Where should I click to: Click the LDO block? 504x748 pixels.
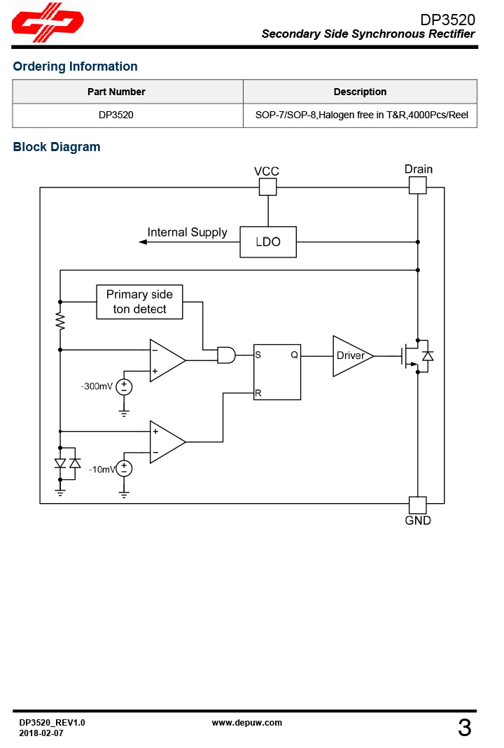pos(268,241)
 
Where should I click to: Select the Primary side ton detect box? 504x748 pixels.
pos(139,302)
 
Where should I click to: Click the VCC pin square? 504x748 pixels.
pos(267,187)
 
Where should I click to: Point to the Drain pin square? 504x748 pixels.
pos(417,185)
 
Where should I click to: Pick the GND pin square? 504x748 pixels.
pos(417,505)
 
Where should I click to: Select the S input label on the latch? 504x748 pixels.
pos(258,355)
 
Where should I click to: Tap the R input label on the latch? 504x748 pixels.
pos(258,393)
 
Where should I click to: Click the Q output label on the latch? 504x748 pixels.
pos(295,355)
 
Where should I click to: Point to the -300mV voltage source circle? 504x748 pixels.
pos(124,387)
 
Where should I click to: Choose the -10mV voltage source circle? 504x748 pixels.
pos(124,469)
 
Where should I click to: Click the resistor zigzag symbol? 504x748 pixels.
pos(60,321)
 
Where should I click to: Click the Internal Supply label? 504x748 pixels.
pos(187,232)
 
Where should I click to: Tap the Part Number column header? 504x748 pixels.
pos(116,92)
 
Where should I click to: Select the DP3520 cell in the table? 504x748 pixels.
pos(116,115)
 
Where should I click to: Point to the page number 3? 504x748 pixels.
pos(465,728)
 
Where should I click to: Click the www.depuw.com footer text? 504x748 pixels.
pos(246,723)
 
